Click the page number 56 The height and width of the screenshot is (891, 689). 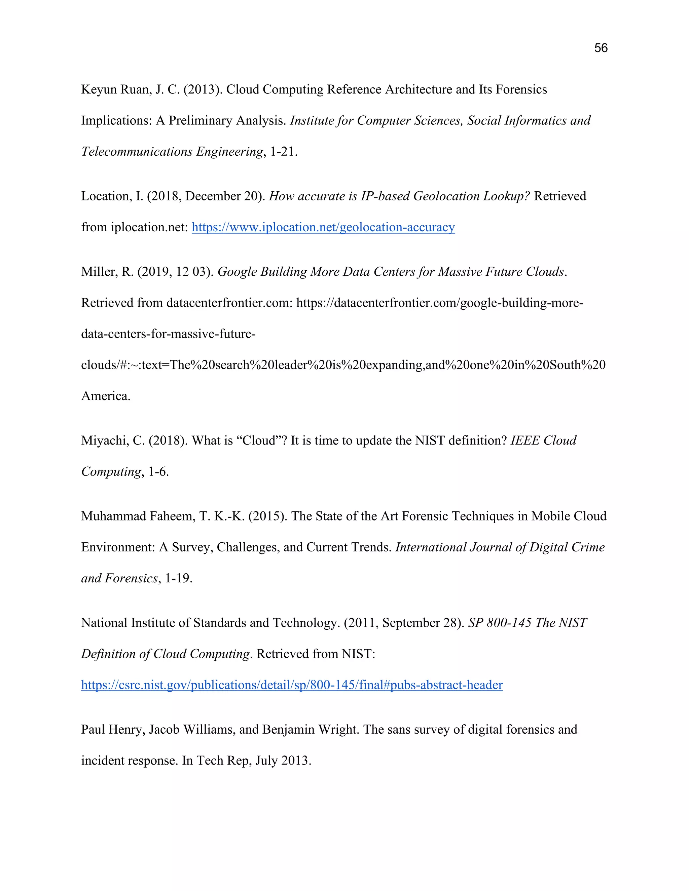(601, 48)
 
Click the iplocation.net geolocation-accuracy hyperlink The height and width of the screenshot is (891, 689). (323, 227)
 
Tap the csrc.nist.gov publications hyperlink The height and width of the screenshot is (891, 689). (291, 685)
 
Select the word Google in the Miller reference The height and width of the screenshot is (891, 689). (237, 272)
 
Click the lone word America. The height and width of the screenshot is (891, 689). (105, 396)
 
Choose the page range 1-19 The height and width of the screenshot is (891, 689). (178, 579)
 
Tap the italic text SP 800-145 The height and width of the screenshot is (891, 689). (500, 623)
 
